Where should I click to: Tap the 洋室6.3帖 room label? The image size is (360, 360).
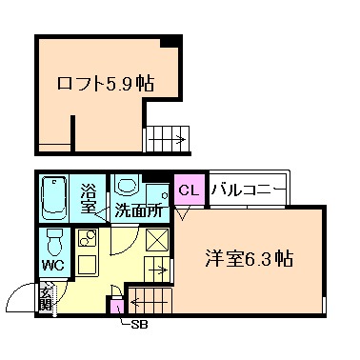click(249, 257)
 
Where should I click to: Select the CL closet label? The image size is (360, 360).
click(188, 190)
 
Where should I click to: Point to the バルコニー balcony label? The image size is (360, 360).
click(246, 189)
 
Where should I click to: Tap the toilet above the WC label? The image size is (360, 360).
click(54, 241)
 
